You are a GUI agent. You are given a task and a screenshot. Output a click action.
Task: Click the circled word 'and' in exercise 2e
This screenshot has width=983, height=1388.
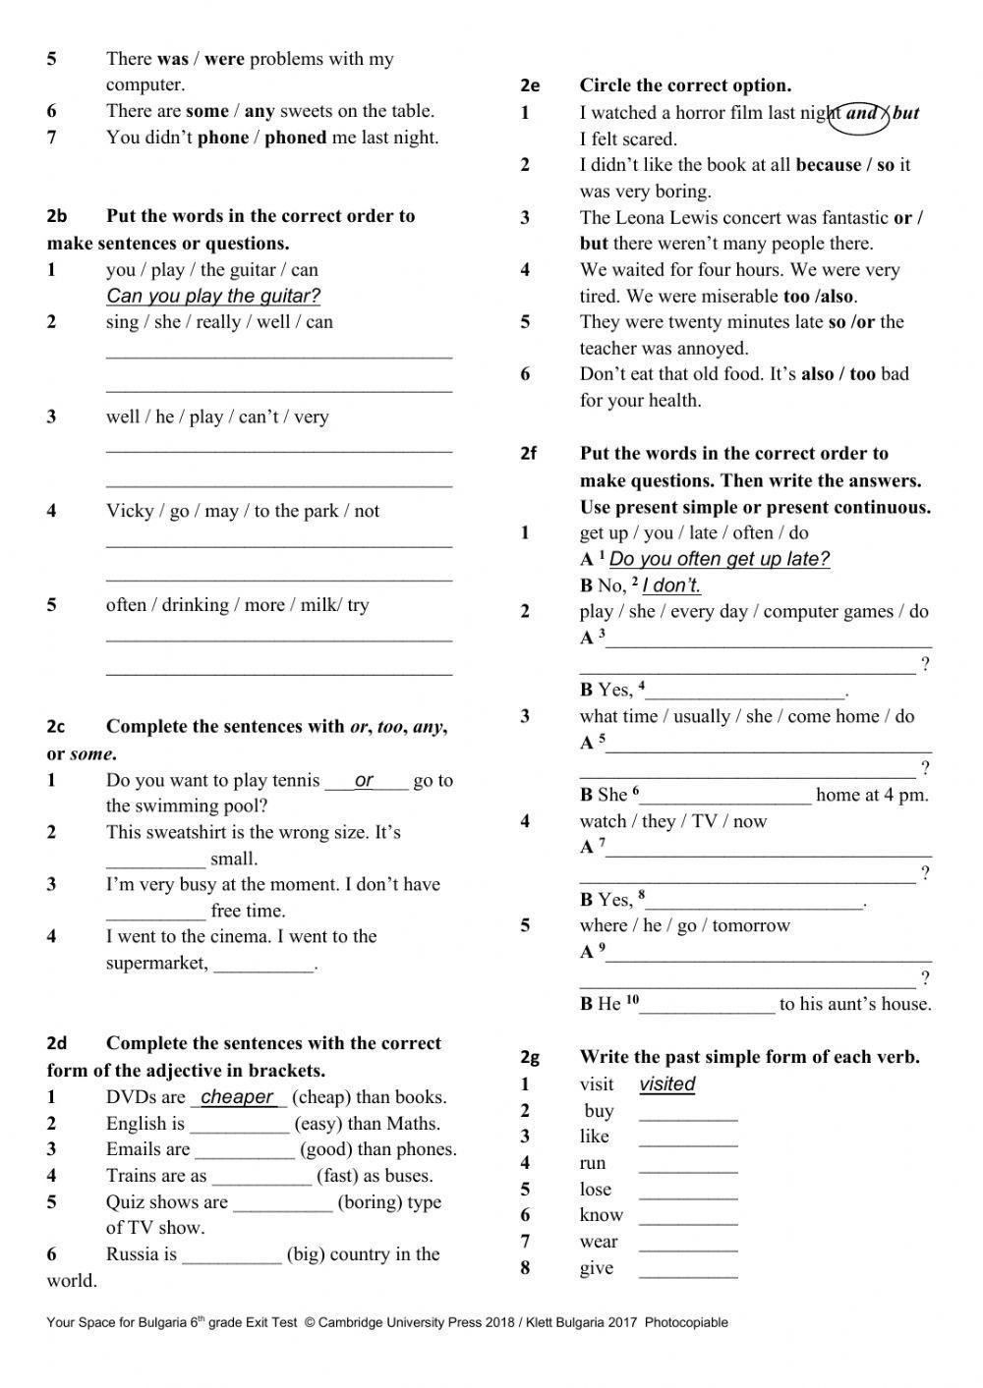(x=861, y=113)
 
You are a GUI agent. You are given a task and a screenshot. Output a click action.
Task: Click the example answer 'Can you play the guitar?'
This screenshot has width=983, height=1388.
(x=213, y=296)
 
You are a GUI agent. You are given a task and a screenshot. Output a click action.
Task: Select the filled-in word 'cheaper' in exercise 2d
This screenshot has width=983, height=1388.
(x=237, y=1097)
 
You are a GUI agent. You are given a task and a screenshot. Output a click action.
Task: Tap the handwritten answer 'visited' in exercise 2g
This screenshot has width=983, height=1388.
(x=666, y=1084)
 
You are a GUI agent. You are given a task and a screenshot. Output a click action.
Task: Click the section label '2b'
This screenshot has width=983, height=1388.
(x=57, y=216)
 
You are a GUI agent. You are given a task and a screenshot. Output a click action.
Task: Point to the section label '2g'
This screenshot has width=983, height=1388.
(x=530, y=1058)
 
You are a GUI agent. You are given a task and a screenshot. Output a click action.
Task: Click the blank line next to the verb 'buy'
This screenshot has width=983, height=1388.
(x=687, y=1113)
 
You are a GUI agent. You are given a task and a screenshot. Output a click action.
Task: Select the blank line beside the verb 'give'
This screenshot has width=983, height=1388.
(x=687, y=1270)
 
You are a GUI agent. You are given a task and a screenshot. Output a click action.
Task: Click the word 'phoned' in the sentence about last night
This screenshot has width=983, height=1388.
(x=295, y=138)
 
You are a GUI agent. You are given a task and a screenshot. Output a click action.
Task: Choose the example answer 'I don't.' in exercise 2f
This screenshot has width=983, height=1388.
(x=671, y=585)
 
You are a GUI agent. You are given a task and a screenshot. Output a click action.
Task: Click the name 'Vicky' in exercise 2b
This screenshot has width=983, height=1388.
(x=130, y=511)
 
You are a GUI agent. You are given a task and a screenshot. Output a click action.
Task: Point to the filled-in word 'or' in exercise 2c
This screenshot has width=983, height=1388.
(x=364, y=781)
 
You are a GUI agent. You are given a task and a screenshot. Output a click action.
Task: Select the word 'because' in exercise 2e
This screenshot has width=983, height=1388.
(x=828, y=165)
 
